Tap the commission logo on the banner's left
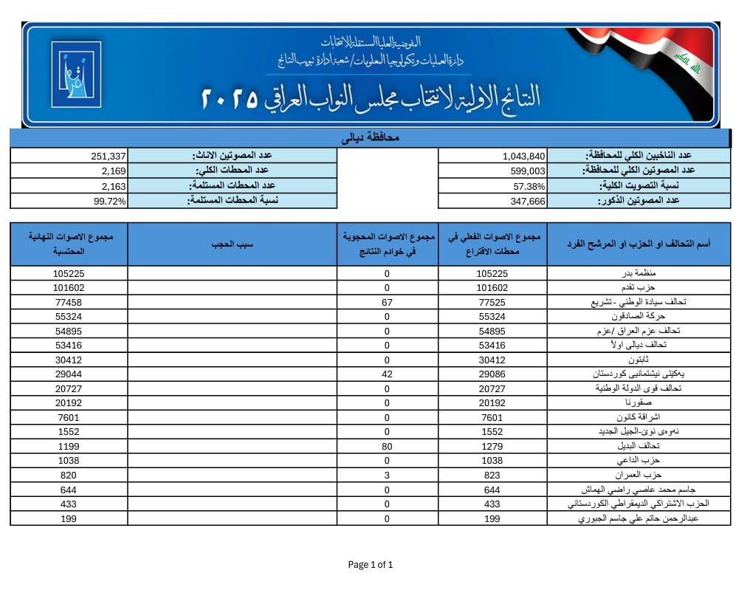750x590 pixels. pyautogui.click(x=76, y=74)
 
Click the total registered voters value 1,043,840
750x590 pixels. pyautogui.click(x=524, y=156)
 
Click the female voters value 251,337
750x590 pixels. pyautogui.click(x=109, y=156)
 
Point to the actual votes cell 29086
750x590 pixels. pyautogui.click(x=492, y=374)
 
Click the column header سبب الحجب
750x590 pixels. pyautogui.click(x=232, y=244)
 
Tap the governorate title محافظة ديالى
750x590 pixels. pyautogui.click(x=371, y=138)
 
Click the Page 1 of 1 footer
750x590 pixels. pyautogui.click(x=371, y=565)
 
